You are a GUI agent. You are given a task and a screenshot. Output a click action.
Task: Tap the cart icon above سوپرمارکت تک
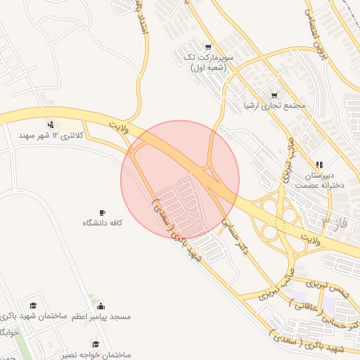pyautogui.click(x=207, y=46)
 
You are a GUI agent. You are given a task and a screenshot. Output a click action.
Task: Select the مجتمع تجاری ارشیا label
pyautogui.click(x=274, y=106)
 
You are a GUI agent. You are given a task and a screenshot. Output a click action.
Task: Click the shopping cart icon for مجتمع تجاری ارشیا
pyautogui.click(x=274, y=95)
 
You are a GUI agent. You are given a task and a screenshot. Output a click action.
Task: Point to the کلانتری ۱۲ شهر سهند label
pyautogui.click(x=51, y=134)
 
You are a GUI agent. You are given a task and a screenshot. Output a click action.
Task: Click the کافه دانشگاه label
pyautogui.click(x=103, y=223)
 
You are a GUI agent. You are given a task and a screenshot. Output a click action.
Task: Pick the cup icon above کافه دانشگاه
pyautogui.click(x=103, y=212)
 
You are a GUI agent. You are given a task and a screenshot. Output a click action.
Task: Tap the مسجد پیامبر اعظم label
pyautogui.click(x=101, y=316)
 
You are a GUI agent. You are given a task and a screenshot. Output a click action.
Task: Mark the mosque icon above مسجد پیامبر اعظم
pyautogui.click(x=101, y=306)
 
